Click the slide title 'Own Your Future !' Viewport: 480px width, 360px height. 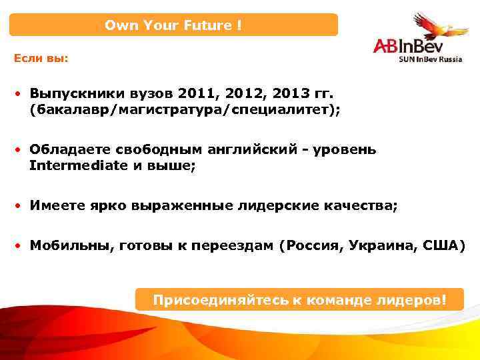click(173, 25)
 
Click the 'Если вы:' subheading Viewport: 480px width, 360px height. click(41, 58)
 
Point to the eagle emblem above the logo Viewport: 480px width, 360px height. click(433, 25)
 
